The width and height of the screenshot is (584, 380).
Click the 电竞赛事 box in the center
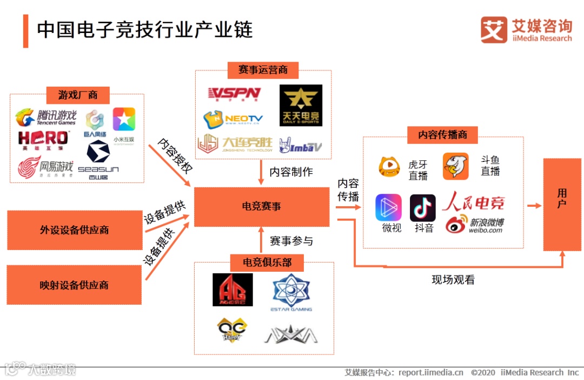pos(261,207)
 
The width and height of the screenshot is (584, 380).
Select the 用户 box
pos(562,204)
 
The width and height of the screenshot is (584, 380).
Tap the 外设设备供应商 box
pos(74,230)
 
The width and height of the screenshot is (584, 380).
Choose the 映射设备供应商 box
pos(74,285)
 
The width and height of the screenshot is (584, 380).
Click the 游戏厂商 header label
pos(78,95)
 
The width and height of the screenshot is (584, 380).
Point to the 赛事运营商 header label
pos(263,70)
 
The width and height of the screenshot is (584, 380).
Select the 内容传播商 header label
pos(442,135)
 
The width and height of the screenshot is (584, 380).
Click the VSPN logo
pos(234,94)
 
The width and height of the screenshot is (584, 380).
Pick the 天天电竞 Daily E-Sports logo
pos(301,105)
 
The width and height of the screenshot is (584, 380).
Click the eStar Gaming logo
pos(291,293)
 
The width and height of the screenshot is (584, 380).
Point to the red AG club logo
pos(233,290)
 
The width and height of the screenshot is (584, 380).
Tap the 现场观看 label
pos(453,280)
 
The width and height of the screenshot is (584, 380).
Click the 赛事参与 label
pos(291,240)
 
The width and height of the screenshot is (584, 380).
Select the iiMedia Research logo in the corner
pos(526,30)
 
